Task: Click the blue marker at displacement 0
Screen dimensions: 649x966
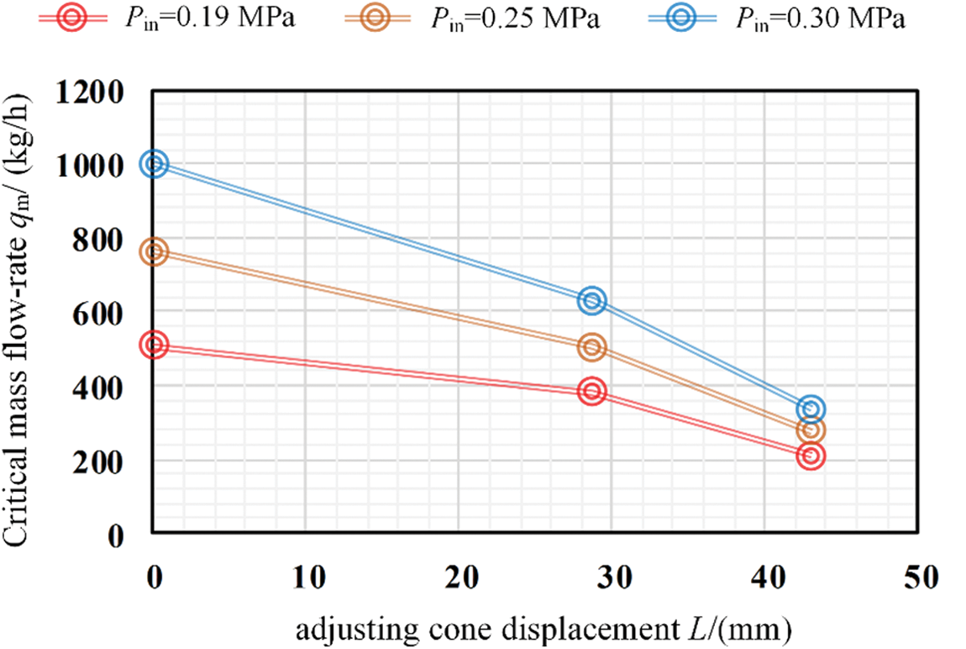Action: click(154, 164)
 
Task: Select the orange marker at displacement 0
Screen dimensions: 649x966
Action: click(154, 251)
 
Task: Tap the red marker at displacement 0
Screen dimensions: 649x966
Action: click(154, 344)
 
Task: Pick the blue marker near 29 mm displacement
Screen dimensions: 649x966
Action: click(592, 300)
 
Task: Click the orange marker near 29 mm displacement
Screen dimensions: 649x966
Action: click(592, 346)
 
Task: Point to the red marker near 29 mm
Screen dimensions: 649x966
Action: click(592, 391)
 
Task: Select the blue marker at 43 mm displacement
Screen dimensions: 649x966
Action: click(810, 409)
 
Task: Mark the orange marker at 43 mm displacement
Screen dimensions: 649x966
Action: click(810, 430)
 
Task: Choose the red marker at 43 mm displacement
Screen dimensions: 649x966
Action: click(810, 456)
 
